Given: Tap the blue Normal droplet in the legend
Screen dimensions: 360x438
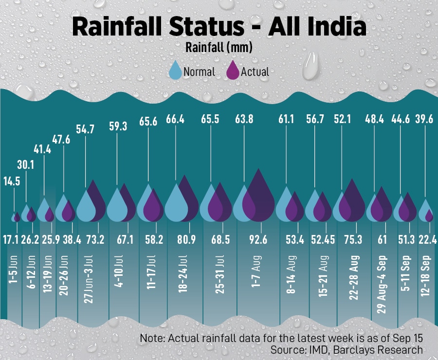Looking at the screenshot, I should pyautogui.click(x=175, y=71).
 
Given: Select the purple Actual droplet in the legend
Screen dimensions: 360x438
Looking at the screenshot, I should pyautogui.click(x=233, y=71).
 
